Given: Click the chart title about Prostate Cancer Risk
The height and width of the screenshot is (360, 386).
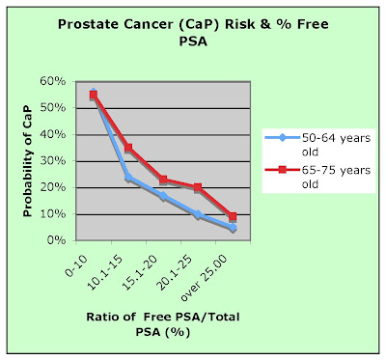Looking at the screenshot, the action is (x=193, y=33).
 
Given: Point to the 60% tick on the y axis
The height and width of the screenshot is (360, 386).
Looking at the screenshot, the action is (x=53, y=81).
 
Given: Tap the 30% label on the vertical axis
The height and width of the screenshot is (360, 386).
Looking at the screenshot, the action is (x=53, y=160).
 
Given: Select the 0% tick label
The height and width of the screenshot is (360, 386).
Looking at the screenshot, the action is (x=56, y=240).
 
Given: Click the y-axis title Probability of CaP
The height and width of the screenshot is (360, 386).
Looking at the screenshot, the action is (x=28, y=161).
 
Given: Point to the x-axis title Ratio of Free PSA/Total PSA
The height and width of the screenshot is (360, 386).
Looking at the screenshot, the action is (x=163, y=323).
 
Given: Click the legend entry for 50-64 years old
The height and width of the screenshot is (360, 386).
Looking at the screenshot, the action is (x=317, y=145).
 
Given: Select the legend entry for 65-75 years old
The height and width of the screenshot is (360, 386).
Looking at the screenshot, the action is (x=317, y=177).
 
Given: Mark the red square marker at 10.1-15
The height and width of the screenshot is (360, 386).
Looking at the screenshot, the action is (x=128, y=148).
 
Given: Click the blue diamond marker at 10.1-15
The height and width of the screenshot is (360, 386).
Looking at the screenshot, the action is (x=128, y=177).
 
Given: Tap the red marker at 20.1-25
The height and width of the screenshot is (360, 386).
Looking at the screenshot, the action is (x=198, y=187).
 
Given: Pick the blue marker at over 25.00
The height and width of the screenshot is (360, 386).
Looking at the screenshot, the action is (x=233, y=228).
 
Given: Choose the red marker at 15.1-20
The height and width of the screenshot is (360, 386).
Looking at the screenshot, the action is (x=163, y=180).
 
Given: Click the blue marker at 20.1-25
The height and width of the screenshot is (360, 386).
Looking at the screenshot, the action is (x=198, y=214).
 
